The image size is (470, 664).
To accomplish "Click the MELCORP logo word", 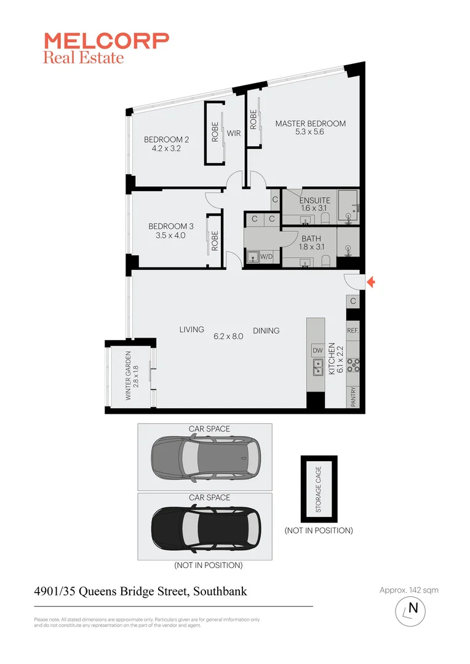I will point(106,41).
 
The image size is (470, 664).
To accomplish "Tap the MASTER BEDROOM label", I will point(310,124).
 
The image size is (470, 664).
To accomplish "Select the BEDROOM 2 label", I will point(167,140).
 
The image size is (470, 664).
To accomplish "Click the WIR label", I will point(233,133).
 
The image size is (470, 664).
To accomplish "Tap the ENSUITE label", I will point(314,200).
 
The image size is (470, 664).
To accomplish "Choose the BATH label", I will point(311,239).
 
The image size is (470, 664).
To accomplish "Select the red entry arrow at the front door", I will point(370,282).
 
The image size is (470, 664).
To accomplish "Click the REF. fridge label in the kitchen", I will point(352,330).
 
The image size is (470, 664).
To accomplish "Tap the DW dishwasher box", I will point(317,350).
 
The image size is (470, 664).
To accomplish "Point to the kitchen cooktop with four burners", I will point(353,365).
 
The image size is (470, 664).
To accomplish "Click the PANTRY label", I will point(353,397).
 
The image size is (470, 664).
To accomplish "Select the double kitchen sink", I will point(317,368).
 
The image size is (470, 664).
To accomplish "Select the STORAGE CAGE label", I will point(319,489).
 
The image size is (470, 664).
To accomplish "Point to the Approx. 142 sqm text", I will point(409,590).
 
